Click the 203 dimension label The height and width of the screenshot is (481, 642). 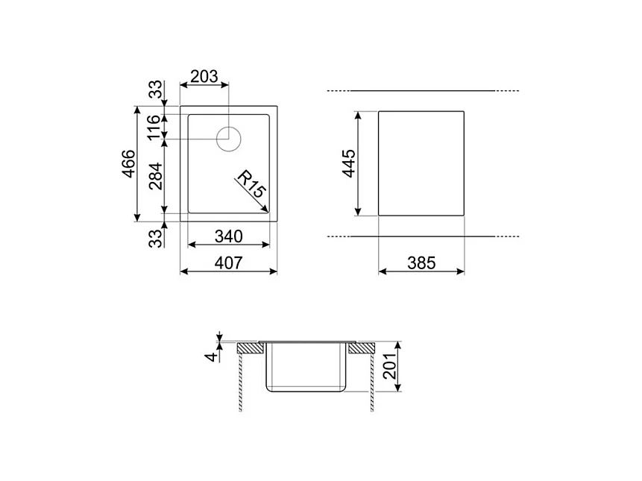coord(204,76)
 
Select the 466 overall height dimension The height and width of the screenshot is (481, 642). coord(128,164)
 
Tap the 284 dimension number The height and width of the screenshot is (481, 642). coord(154,177)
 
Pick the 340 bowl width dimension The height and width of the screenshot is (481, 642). coord(228,236)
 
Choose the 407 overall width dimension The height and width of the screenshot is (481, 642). coord(228,263)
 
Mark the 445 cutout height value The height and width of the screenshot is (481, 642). coord(348,164)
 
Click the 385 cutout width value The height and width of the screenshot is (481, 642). coord(421,263)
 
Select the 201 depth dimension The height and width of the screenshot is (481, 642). coord(388,365)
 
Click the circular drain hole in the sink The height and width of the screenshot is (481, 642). coord(229,138)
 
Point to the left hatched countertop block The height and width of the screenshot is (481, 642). coord(251,348)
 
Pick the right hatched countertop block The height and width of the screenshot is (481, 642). coord(362,348)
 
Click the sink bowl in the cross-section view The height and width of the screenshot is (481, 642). coord(306,367)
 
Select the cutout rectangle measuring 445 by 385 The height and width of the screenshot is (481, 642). coord(421,164)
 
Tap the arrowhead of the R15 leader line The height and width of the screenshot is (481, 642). coord(266,212)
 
